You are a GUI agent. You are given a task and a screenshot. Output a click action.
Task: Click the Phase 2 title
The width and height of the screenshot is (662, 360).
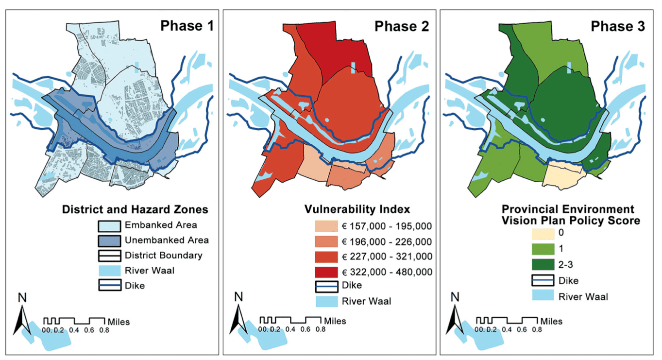(402, 26)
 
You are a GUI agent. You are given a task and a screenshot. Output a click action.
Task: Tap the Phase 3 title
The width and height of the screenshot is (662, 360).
(618, 26)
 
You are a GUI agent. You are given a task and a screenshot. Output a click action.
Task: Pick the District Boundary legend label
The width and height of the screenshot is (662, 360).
(164, 255)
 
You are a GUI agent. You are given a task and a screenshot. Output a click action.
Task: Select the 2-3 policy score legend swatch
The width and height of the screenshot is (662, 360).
(543, 265)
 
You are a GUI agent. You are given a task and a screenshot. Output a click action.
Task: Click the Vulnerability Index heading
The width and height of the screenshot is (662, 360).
(357, 209)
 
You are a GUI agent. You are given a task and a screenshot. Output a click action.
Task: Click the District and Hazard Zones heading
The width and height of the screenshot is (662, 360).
(136, 209)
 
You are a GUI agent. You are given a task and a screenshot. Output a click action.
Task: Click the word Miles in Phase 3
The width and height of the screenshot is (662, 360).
(551, 321)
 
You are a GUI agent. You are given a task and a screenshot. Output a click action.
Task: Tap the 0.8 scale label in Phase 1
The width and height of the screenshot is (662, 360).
(104, 330)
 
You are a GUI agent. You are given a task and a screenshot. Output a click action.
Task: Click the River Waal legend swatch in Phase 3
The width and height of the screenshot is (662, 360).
(543, 296)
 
